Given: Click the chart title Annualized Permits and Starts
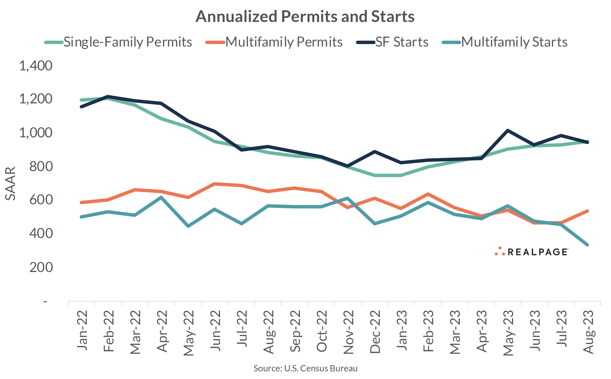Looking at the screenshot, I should click(x=305, y=17).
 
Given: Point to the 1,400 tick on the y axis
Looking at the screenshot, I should click(x=36, y=66).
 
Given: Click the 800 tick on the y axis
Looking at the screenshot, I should click(x=41, y=167).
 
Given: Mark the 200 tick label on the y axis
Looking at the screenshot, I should click(x=41, y=267).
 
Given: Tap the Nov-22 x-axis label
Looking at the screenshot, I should click(x=348, y=332).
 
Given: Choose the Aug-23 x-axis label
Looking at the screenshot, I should click(x=588, y=332).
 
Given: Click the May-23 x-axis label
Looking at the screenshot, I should click(x=508, y=333).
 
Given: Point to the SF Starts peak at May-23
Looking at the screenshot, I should click(x=507, y=130).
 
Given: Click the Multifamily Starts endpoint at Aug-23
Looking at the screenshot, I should click(x=587, y=245).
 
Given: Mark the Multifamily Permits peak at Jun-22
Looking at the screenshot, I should click(x=215, y=184).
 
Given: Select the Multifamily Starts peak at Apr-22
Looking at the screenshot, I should click(x=161, y=197).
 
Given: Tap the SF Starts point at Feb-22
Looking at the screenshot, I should click(x=108, y=97).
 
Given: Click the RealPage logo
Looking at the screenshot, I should click(x=531, y=252).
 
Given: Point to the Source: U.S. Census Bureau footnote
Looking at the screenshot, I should click(x=305, y=368).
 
